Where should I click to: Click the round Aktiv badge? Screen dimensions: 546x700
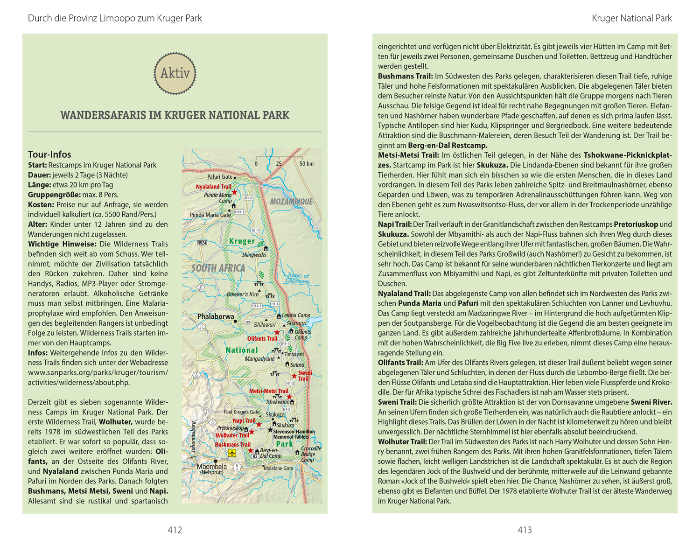[x=175, y=73]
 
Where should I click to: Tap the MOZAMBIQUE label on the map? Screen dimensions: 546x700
[x=291, y=202]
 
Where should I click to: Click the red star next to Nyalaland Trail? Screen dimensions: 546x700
[x=235, y=192]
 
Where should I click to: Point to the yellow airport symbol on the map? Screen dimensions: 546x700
[x=232, y=453]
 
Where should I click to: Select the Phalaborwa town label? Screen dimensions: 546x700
[x=216, y=316]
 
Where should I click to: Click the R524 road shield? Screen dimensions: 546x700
[x=202, y=243]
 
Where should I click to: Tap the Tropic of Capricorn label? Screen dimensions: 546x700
[x=298, y=278]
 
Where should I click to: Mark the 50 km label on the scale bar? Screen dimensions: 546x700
[x=306, y=164]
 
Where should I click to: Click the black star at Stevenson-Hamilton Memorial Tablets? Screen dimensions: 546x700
[x=270, y=430]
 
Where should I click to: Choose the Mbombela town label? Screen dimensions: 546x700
[x=212, y=466]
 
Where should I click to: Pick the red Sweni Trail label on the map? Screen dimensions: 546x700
[x=305, y=376]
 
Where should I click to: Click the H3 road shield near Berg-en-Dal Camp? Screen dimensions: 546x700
[x=255, y=456]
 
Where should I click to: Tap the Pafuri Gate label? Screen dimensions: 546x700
[x=220, y=177]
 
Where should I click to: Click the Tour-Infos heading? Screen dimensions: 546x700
[x=49, y=154]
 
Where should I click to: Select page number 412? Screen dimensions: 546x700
[x=175, y=530]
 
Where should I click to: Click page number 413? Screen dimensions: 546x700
[x=525, y=530]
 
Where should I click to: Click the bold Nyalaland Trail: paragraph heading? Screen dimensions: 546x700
[x=404, y=294]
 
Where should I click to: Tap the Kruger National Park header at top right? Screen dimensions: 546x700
[x=631, y=18]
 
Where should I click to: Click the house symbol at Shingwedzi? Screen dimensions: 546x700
[x=266, y=248]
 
